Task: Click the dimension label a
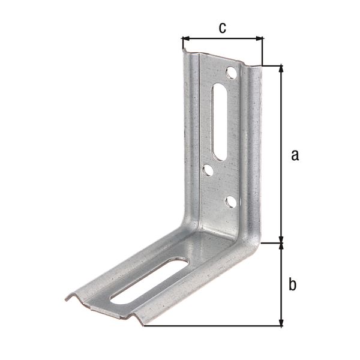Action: (294, 155)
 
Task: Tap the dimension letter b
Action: (292, 284)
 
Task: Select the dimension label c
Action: (222, 28)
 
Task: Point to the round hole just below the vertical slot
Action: (208, 171)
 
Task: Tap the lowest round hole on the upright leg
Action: (230, 202)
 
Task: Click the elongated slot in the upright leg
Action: (220, 122)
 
